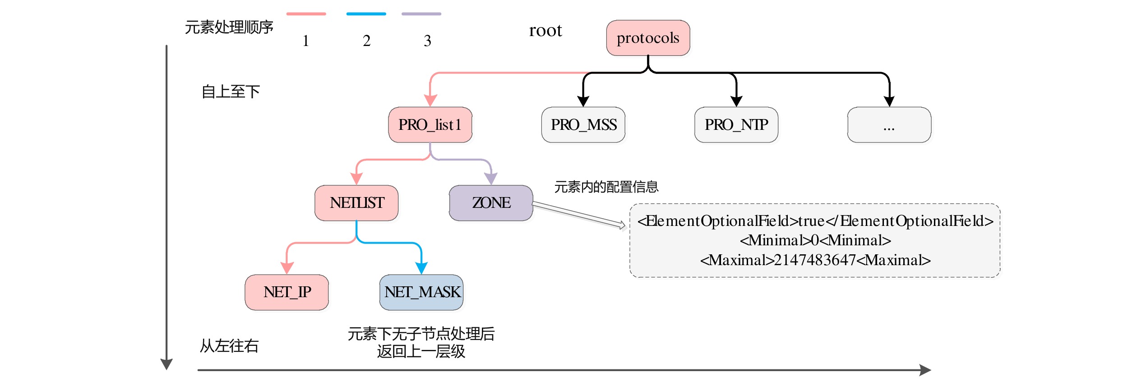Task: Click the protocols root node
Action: [x=648, y=38]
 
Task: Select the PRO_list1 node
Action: [x=430, y=125]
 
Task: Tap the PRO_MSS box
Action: [x=583, y=125]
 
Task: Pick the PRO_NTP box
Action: [x=736, y=125]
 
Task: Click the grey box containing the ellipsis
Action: [x=889, y=125]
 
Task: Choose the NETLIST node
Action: [x=356, y=203]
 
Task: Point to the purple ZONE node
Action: [x=491, y=203]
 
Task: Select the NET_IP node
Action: [x=287, y=292]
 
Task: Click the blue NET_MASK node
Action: [x=421, y=292]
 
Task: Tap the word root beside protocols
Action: [x=545, y=31]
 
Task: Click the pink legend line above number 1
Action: [x=306, y=14]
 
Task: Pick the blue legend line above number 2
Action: [x=366, y=14]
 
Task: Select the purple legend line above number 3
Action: [x=421, y=14]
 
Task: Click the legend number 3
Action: [x=427, y=41]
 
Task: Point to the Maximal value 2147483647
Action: [x=815, y=260]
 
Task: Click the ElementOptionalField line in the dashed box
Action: [x=815, y=221]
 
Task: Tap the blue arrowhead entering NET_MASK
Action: [x=421, y=268]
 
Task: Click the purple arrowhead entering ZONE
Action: [x=491, y=179]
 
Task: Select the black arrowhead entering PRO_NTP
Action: [x=736, y=101]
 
